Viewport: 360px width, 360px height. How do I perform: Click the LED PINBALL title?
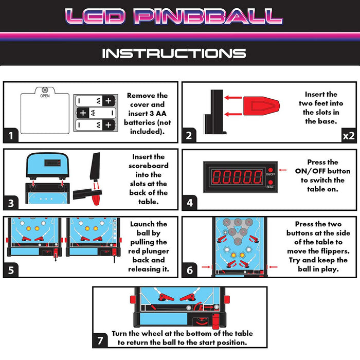(x=174, y=16)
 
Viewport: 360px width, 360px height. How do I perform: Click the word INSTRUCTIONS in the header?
(x=174, y=53)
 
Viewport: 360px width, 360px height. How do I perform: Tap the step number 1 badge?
(x=11, y=135)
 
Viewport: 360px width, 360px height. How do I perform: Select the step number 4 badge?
(x=189, y=203)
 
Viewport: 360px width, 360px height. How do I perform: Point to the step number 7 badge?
(x=100, y=340)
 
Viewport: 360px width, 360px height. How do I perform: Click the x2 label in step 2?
(x=349, y=136)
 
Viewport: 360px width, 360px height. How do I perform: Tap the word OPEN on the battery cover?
(x=45, y=96)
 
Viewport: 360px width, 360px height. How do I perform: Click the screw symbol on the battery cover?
(x=45, y=90)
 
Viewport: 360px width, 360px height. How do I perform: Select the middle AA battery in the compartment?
(x=96, y=113)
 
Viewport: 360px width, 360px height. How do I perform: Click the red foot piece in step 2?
(x=261, y=106)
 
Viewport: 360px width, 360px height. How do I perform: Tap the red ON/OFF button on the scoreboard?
(x=271, y=170)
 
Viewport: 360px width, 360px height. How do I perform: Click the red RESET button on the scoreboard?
(x=271, y=182)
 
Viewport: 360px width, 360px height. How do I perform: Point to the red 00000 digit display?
(x=237, y=177)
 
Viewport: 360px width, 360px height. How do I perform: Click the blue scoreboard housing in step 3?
(x=47, y=165)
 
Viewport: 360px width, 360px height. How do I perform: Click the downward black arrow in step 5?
(x=56, y=257)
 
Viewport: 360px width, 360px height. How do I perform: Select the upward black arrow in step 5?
(x=114, y=258)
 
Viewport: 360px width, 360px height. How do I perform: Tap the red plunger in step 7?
(x=215, y=321)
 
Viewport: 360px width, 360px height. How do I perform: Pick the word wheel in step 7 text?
(x=156, y=333)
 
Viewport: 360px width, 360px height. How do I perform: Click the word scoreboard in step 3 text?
(x=148, y=166)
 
